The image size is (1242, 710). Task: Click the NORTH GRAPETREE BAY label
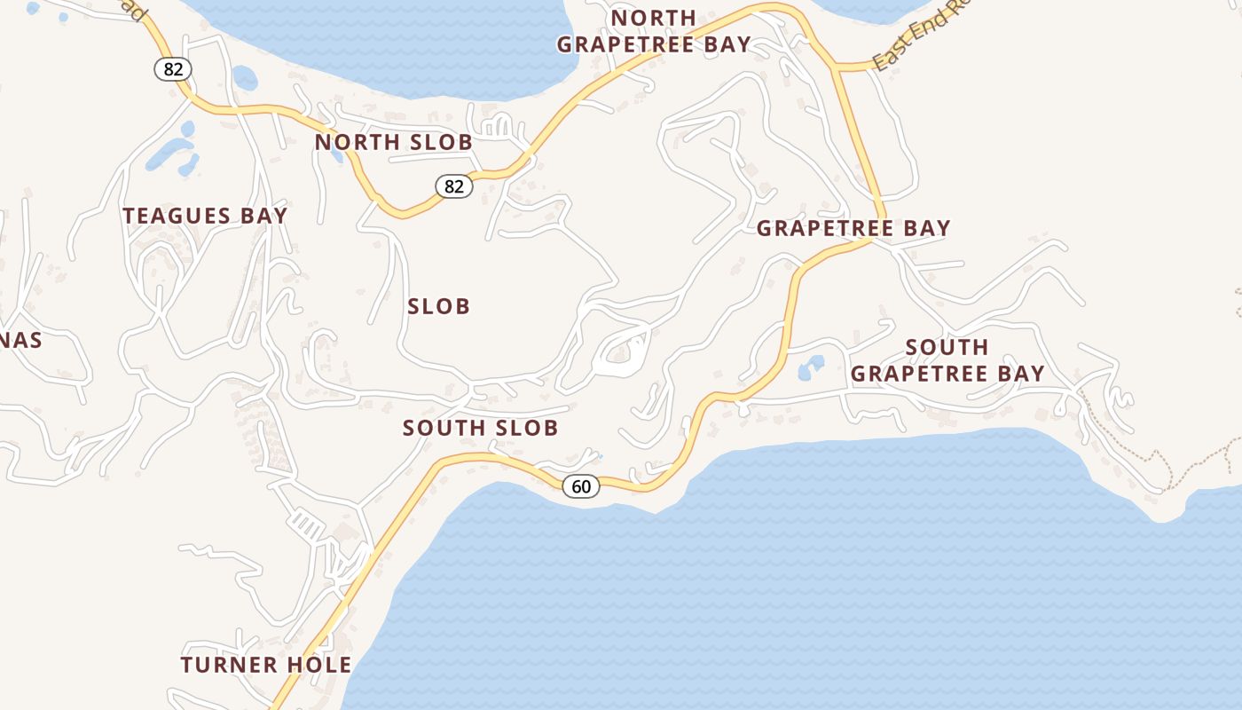(x=654, y=31)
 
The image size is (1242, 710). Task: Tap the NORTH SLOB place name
(x=393, y=142)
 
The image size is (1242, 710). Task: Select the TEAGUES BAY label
(x=205, y=216)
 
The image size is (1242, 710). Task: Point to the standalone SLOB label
(x=438, y=307)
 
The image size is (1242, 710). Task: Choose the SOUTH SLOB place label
(x=480, y=428)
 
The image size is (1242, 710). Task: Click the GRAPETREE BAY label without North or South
(x=853, y=229)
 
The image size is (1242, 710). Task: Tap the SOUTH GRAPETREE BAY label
(x=947, y=360)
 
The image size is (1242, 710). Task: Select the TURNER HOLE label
(x=266, y=665)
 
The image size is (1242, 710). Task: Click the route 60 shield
(x=581, y=486)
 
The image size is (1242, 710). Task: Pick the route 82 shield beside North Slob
(x=453, y=186)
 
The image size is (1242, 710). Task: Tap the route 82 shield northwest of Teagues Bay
(x=173, y=68)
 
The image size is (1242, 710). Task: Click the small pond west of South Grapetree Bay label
(x=811, y=367)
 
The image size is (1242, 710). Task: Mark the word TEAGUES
(x=169, y=216)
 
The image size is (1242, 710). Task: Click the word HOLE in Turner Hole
(x=317, y=665)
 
